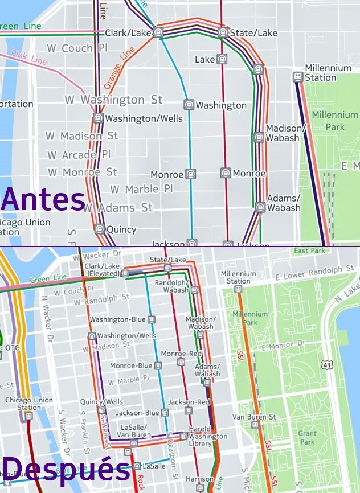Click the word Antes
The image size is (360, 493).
click(x=43, y=200)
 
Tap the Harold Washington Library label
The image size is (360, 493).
click(x=208, y=436)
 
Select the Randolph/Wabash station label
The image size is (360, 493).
click(x=171, y=286)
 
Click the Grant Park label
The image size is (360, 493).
click(x=307, y=438)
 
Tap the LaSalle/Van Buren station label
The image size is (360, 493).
click(x=134, y=431)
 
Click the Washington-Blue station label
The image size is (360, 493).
click(x=117, y=319)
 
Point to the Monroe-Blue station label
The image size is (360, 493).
click(x=131, y=365)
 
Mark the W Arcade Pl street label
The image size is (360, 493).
click(x=79, y=155)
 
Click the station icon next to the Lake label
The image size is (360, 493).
click(x=222, y=59)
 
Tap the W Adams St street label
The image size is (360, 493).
click(x=118, y=207)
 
